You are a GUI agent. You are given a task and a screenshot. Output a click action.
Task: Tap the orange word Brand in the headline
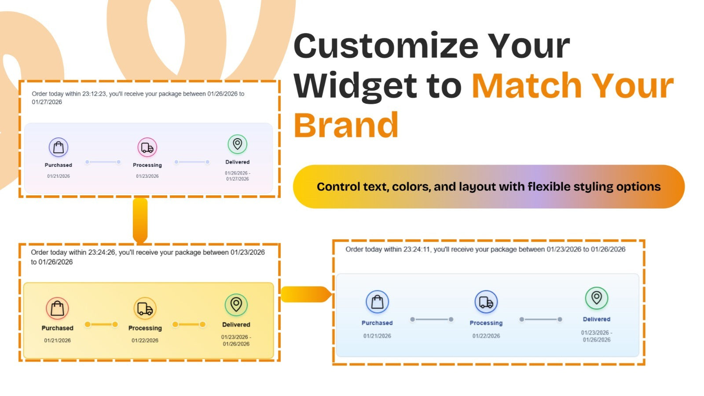[346, 125]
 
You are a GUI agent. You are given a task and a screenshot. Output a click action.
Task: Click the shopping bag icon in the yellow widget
[57, 308]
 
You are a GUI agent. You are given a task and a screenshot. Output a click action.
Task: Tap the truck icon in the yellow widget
[145, 308]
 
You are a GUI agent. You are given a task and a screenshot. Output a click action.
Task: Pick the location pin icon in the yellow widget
[236, 304]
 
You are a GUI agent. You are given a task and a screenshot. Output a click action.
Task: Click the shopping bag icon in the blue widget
[377, 302]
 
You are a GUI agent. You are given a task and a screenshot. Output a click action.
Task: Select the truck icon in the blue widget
[486, 302]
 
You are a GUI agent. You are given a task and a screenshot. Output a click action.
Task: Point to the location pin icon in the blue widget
[597, 298]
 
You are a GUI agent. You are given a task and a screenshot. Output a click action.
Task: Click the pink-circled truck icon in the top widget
[147, 147]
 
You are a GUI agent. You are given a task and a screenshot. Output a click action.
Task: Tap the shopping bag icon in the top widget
[59, 147]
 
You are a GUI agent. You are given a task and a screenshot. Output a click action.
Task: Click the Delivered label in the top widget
[237, 162]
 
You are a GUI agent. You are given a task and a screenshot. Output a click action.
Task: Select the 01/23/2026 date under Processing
[147, 176]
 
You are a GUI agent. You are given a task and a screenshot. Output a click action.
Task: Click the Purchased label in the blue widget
[377, 323]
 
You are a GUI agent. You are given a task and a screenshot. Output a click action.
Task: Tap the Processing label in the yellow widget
[145, 328]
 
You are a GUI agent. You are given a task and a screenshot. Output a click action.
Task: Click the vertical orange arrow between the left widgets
[140, 220]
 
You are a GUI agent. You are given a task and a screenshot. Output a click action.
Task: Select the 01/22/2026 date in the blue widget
[486, 336]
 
